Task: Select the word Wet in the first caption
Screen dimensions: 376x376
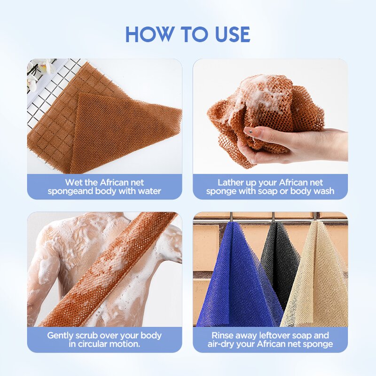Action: click(x=73, y=182)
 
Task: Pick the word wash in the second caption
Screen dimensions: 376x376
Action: click(x=323, y=191)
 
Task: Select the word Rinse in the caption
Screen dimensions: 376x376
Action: click(x=224, y=336)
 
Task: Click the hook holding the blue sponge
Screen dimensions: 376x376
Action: click(x=231, y=217)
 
